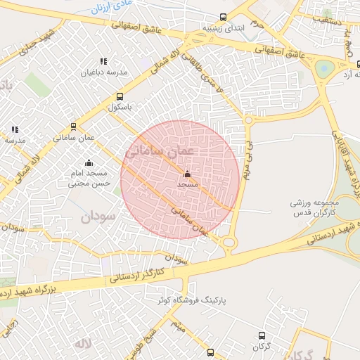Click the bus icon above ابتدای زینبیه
coord(223,17)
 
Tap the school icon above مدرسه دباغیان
coord(104,61)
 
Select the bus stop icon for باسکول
coord(120,96)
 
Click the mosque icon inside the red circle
coord(187,174)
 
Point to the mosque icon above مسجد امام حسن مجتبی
coord(89,163)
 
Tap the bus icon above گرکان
coord(262,336)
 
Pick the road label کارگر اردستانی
coord(136,274)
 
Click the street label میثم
coord(179,325)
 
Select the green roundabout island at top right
coord(325,69)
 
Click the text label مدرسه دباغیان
coord(104,72)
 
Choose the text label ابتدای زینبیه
coord(222,29)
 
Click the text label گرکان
coord(262,347)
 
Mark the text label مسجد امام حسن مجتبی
coord(89,179)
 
